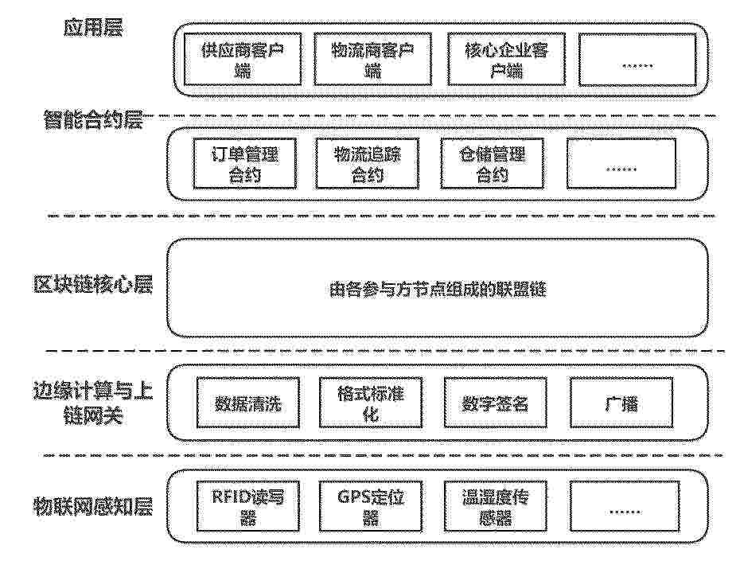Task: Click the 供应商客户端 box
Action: (x=243, y=59)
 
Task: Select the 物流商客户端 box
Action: (x=373, y=59)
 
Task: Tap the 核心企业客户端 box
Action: (x=506, y=59)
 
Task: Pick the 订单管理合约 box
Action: (x=245, y=163)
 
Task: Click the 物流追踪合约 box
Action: (x=367, y=163)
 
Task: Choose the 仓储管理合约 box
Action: (x=493, y=163)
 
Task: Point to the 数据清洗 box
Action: (x=248, y=403)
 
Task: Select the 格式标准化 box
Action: (x=371, y=403)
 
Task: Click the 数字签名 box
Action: (x=496, y=403)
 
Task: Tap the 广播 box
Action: (x=621, y=403)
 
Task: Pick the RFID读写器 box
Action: (x=248, y=506)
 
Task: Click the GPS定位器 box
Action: (x=371, y=506)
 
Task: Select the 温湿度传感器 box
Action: (x=496, y=506)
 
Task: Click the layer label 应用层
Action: (x=93, y=27)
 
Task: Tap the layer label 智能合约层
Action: (x=93, y=120)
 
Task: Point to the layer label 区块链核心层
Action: (x=93, y=285)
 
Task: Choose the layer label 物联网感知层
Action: (x=93, y=506)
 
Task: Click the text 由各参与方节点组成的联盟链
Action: (x=438, y=289)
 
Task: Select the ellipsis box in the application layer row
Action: (x=637, y=60)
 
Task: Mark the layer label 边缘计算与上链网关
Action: (x=93, y=403)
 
